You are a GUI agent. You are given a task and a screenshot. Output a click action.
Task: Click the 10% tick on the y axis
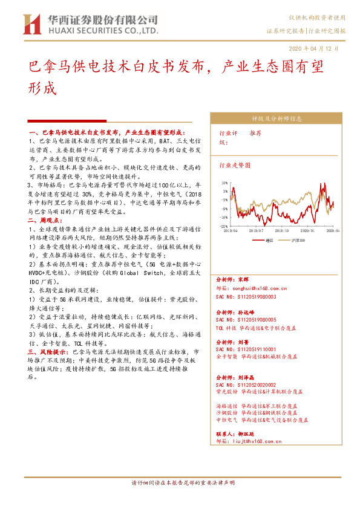224,182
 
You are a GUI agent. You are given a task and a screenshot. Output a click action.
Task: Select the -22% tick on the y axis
224,226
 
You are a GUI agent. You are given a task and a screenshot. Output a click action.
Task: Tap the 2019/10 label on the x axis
283,230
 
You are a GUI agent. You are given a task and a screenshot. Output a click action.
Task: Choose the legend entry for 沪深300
299,240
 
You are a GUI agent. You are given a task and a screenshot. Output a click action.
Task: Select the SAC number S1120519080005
246,319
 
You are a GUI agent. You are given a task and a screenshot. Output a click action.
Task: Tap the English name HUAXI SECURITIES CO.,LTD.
103,30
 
